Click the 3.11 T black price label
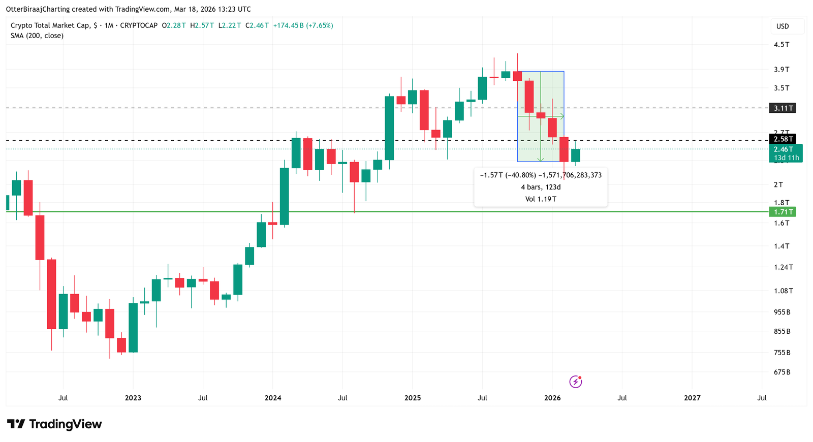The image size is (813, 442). (783, 108)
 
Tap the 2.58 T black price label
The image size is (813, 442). (783, 139)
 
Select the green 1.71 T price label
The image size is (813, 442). (783, 212)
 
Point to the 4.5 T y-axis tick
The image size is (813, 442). (781, 45)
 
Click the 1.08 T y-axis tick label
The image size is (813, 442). (783, 291)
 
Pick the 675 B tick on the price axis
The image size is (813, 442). (782, 372)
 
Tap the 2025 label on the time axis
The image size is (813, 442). (413, 398)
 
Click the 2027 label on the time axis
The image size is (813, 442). (692, 398)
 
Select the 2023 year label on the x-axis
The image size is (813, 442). (133, 398)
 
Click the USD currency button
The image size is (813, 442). (783, 26)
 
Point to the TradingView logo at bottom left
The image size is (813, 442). (54, 424)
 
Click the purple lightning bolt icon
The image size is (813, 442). (575, 382)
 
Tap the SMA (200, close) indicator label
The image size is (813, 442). (37, 36)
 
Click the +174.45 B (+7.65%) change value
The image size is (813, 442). (303, 25)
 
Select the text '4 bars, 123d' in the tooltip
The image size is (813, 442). (541, 187)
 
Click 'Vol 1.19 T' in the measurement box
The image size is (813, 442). (541, 199)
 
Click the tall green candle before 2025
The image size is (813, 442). (389, 128)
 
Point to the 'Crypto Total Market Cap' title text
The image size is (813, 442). (50, 25)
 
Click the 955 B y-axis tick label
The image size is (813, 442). (782, 312)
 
